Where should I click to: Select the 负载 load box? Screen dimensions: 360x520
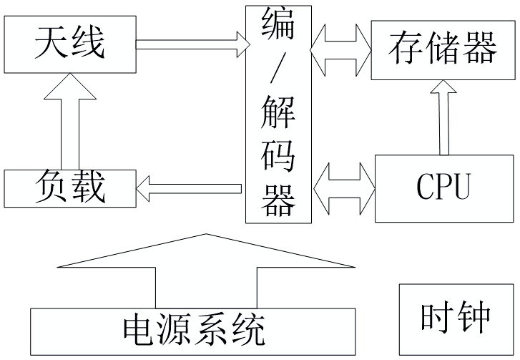(69, 188)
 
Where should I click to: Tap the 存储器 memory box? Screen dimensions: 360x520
(443, 49)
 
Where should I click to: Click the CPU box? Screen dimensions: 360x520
(444, 188)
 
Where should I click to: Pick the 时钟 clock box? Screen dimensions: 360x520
(455, 318)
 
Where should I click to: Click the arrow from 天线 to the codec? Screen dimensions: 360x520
(190, 45)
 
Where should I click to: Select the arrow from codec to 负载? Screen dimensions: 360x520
(189, 189)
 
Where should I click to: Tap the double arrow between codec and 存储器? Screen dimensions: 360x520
(340, 49)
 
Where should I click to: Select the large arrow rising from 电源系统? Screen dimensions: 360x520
(206, 272)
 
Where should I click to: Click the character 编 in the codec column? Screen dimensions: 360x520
(278, 24)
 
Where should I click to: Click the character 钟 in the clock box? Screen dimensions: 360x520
(474, 318)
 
